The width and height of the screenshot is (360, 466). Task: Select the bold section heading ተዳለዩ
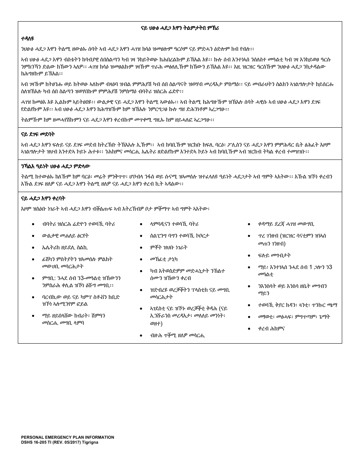tap(28, 39)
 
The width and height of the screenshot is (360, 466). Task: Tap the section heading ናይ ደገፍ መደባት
tap(38, 134)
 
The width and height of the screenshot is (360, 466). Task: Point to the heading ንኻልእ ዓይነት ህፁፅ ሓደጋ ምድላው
tap(56, 166)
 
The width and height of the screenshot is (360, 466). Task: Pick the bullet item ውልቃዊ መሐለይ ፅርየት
tap(66, 236)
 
